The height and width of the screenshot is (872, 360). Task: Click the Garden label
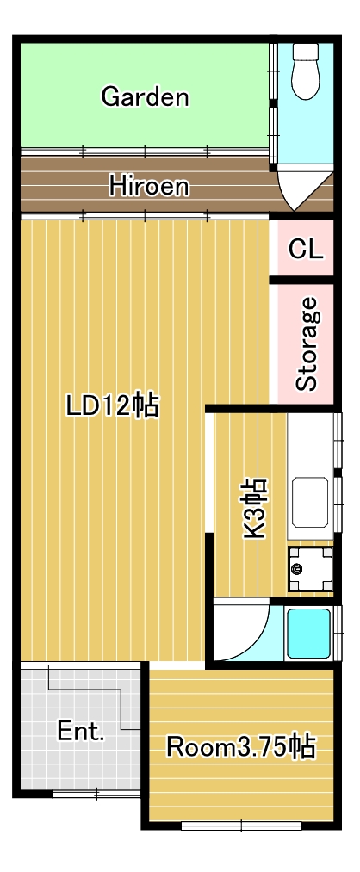145,97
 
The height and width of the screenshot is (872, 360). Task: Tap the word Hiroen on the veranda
148,186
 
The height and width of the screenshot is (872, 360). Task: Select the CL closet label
306,250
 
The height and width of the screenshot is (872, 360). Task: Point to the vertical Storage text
307,343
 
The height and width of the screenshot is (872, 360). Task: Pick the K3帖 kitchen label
255,508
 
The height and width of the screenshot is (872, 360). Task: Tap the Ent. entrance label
81,732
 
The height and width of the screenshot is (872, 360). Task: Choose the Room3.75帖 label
241,747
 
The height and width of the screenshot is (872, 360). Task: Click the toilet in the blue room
306,71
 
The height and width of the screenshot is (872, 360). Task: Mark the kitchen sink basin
310,502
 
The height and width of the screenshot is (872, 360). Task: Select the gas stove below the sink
311,569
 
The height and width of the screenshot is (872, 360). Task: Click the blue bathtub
308,634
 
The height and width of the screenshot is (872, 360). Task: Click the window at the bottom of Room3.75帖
241,826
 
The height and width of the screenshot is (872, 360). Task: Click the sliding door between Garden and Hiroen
145,151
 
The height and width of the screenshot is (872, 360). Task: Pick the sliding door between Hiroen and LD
145,216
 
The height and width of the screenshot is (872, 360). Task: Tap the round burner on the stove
296,569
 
